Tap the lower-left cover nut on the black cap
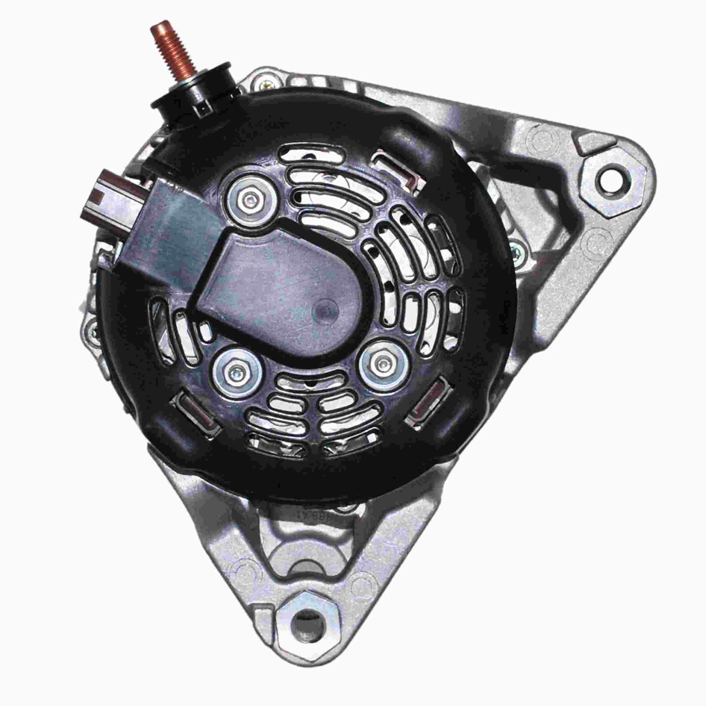pyautogui.click(x=237, y=372)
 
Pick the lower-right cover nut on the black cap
pyautogui.click(x=383, y=364)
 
